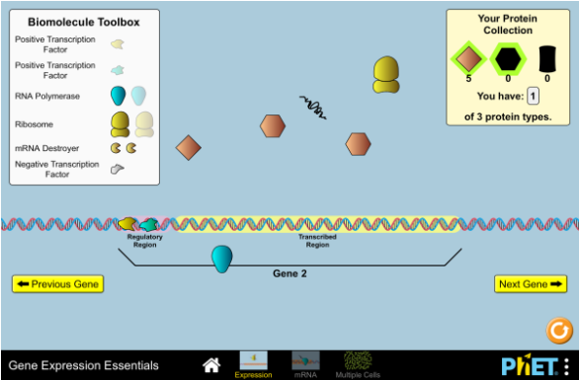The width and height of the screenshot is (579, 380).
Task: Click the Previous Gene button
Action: point(57,284)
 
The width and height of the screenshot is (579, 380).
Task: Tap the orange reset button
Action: point(559,329)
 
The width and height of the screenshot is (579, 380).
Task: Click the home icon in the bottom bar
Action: point(211,365)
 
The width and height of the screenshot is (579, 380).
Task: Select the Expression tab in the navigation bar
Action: point(254,363)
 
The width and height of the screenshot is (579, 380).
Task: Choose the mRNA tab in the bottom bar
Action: point(305,363)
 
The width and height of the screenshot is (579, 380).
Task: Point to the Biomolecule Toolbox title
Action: point(84,21)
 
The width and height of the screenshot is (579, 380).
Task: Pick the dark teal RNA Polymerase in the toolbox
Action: point(119,96)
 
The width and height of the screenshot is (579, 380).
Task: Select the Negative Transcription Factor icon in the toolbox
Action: point(118,168)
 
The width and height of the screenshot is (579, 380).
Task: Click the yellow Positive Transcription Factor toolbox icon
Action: point(118,44)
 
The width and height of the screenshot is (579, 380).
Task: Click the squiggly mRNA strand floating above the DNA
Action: point(313,107)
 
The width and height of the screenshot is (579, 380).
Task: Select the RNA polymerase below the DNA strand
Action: point(222,259)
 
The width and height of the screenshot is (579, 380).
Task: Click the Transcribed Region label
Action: point(317,240)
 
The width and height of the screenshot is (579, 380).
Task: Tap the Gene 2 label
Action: point(289,273)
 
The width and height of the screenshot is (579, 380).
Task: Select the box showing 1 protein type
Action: point(533,96)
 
